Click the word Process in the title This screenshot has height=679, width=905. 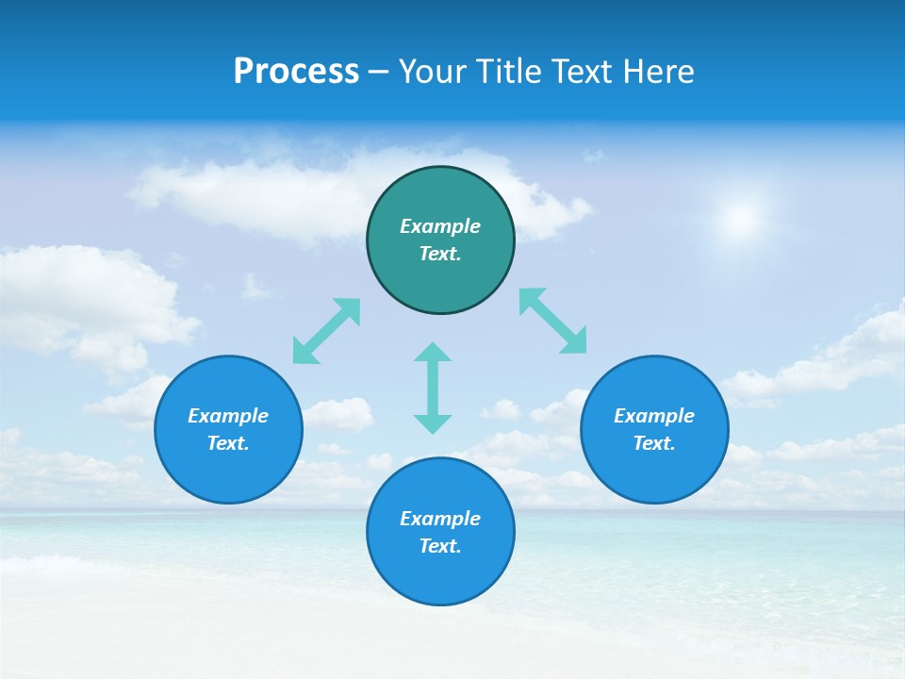[296, 72]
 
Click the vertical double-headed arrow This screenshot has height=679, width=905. [433, 388]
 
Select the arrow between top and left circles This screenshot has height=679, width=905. [326, 331]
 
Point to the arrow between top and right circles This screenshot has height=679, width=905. [553, 321]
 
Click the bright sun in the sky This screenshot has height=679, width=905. [741, 220]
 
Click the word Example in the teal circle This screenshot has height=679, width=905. [440, 226]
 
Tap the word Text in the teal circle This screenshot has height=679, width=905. [439, 254]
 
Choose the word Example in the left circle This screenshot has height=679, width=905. [228, 416]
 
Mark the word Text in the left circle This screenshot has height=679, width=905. [227, 443]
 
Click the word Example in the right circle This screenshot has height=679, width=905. [654, 416]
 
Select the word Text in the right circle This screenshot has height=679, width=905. [653, 443]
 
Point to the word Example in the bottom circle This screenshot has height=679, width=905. [440, 519]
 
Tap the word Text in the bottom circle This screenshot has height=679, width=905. [439, 546]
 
